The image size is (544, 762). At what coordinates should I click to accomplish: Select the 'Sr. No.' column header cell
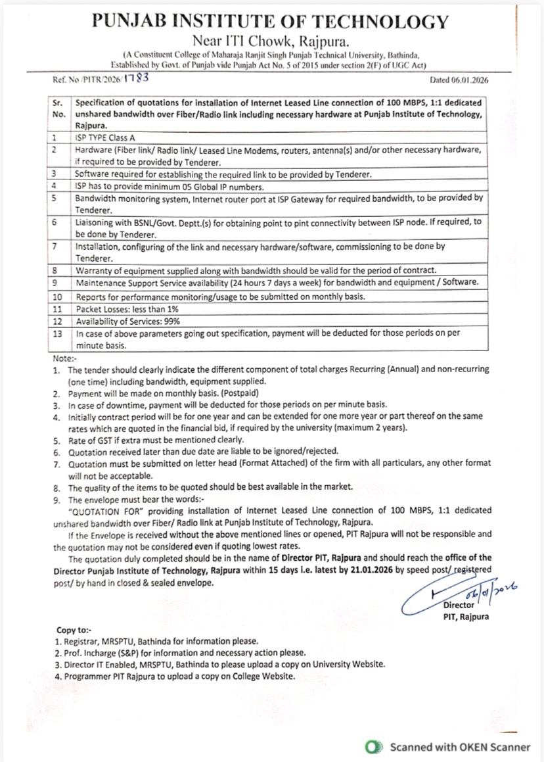point(58,109)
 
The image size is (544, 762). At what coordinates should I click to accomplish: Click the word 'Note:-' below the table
point(64,360)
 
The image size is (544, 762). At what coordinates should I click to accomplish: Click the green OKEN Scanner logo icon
point(374,747)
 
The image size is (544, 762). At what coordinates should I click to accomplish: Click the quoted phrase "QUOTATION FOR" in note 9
point(99,510)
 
